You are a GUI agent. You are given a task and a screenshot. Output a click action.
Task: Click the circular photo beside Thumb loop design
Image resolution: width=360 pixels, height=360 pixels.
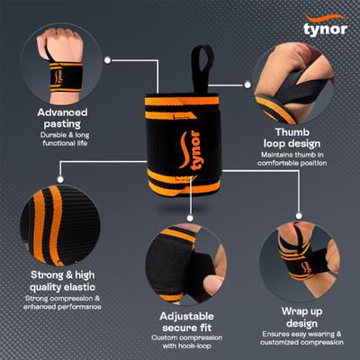[x=297, y=83]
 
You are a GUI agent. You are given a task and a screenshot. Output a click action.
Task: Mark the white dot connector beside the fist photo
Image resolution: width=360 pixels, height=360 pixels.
[x=108, y=60]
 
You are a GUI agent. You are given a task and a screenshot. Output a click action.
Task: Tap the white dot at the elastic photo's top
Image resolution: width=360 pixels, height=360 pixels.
[x=60, y=164]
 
